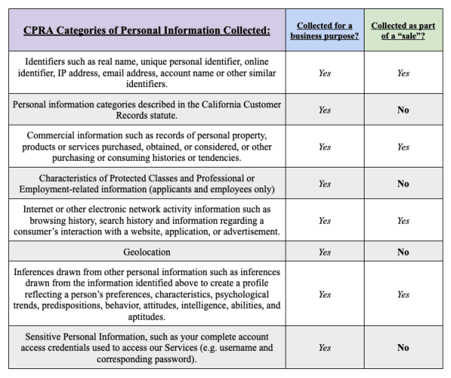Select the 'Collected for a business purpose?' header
coord(324,30)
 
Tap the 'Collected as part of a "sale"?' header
coord(403,30)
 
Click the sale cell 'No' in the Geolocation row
coord(403,253)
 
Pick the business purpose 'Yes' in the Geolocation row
coord(324,253)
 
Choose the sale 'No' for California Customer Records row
coord(403,110)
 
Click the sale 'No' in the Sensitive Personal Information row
coord(403,348)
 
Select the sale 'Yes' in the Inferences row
coord(403,295)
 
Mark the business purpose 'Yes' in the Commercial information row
coord(324,147)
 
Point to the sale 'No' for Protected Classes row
coord(403,183)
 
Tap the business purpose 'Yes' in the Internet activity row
coord(324,220)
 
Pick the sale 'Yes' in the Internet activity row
coord(403,220)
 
